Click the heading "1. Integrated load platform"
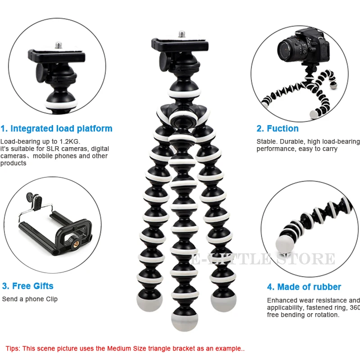[56, 129]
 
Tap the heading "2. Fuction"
[277, 129]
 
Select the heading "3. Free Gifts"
[27, 286]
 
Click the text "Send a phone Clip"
[30, 299]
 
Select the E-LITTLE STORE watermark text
[263, 259]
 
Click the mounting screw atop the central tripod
[182, 34]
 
